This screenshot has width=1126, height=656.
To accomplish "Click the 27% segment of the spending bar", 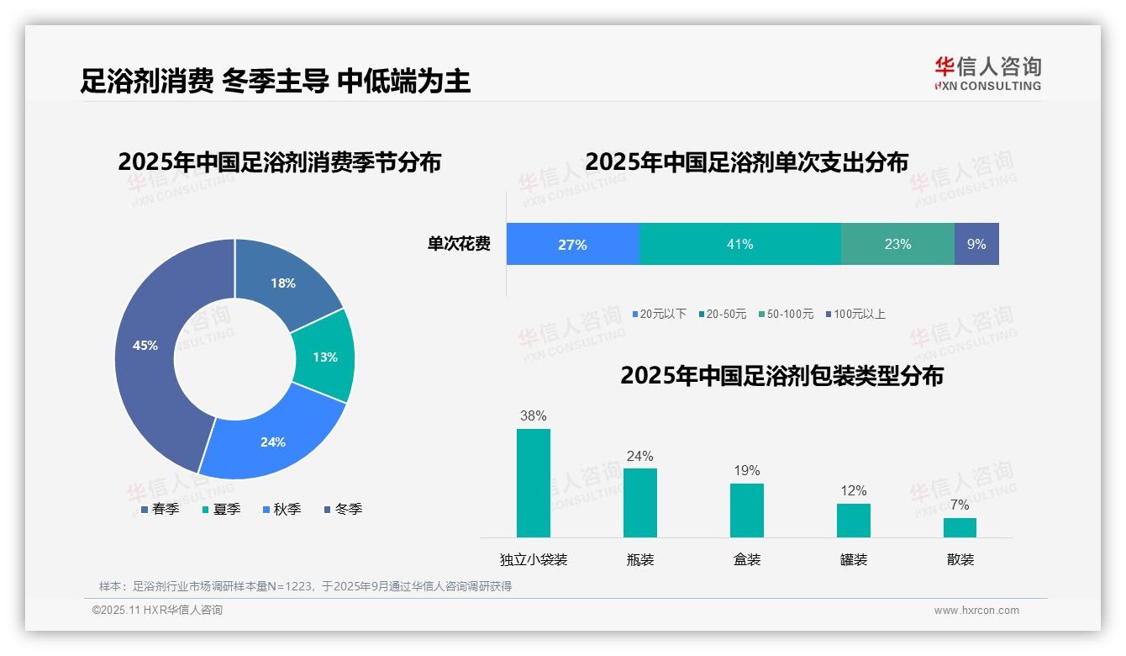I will [572, 244].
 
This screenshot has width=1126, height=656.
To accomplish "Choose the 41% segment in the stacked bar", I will [739, 244].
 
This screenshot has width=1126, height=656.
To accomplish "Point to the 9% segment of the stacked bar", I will [976, 244].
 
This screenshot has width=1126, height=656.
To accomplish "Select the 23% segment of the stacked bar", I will [897, 244].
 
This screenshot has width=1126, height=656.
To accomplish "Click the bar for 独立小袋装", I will [534, 483].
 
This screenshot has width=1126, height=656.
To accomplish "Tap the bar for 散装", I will [960, 527].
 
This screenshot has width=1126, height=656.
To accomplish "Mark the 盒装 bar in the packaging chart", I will [747, 510].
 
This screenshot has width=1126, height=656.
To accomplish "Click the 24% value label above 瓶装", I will [639, 456].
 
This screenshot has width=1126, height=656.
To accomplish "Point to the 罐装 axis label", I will [854, 559].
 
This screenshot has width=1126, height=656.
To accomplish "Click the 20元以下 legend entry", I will [660, 314].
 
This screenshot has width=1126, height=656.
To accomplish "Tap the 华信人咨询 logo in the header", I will [987, 72].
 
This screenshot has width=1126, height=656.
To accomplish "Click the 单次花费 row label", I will [459, 244].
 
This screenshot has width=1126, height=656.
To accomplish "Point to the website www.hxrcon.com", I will [976, 611].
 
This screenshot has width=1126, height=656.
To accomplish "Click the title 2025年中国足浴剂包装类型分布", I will [781, 375].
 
